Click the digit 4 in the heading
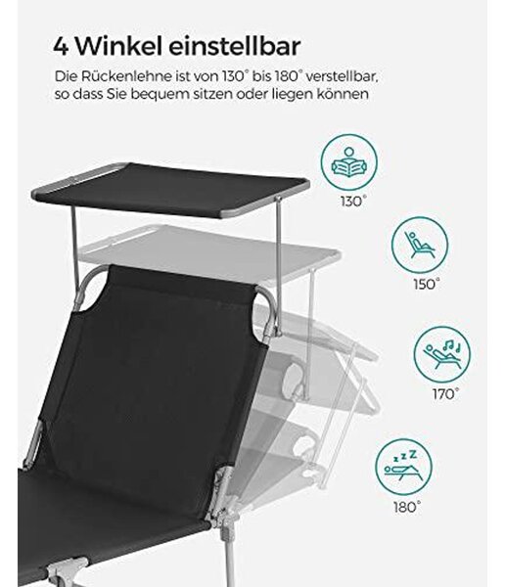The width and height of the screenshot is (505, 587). (61, 47)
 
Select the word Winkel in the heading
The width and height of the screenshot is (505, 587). (118, 46)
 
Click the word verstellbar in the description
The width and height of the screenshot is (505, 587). (344, 76)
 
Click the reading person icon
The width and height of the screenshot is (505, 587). (349, 162)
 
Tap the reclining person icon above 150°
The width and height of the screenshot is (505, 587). (420, 246)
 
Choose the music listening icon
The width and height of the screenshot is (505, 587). (442, 354)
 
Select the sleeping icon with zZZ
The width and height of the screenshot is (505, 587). (403, 467)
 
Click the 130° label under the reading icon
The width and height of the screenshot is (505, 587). (351, 202)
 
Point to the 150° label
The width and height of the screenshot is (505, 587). (426, 284)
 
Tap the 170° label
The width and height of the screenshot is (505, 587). (446, 394)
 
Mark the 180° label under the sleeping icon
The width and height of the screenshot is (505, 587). (407, 507)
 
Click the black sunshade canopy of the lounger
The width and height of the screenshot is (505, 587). (170, 190)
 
